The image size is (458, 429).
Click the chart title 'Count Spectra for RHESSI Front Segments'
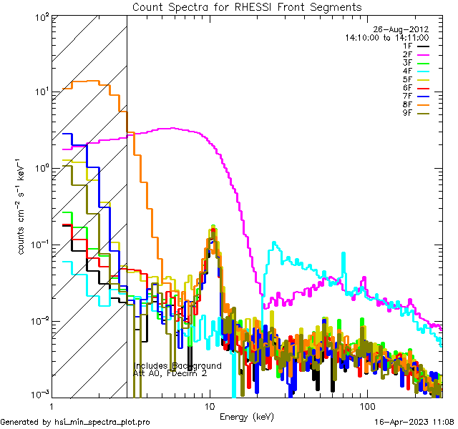[x=247, y=7]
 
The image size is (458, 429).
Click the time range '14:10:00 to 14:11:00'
[x=386, y=37]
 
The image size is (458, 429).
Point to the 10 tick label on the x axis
[x=210, y=406]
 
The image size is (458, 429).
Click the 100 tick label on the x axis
[x=366, y=406]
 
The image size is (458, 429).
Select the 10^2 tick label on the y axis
[x=40, y=16]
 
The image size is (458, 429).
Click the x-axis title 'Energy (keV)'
[x=248, y=416]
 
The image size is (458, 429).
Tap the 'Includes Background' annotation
[x=177, y=365]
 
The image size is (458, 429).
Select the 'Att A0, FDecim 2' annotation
[x=170, y=373]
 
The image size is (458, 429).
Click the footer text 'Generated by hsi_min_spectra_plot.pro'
[x=75, y=422]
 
